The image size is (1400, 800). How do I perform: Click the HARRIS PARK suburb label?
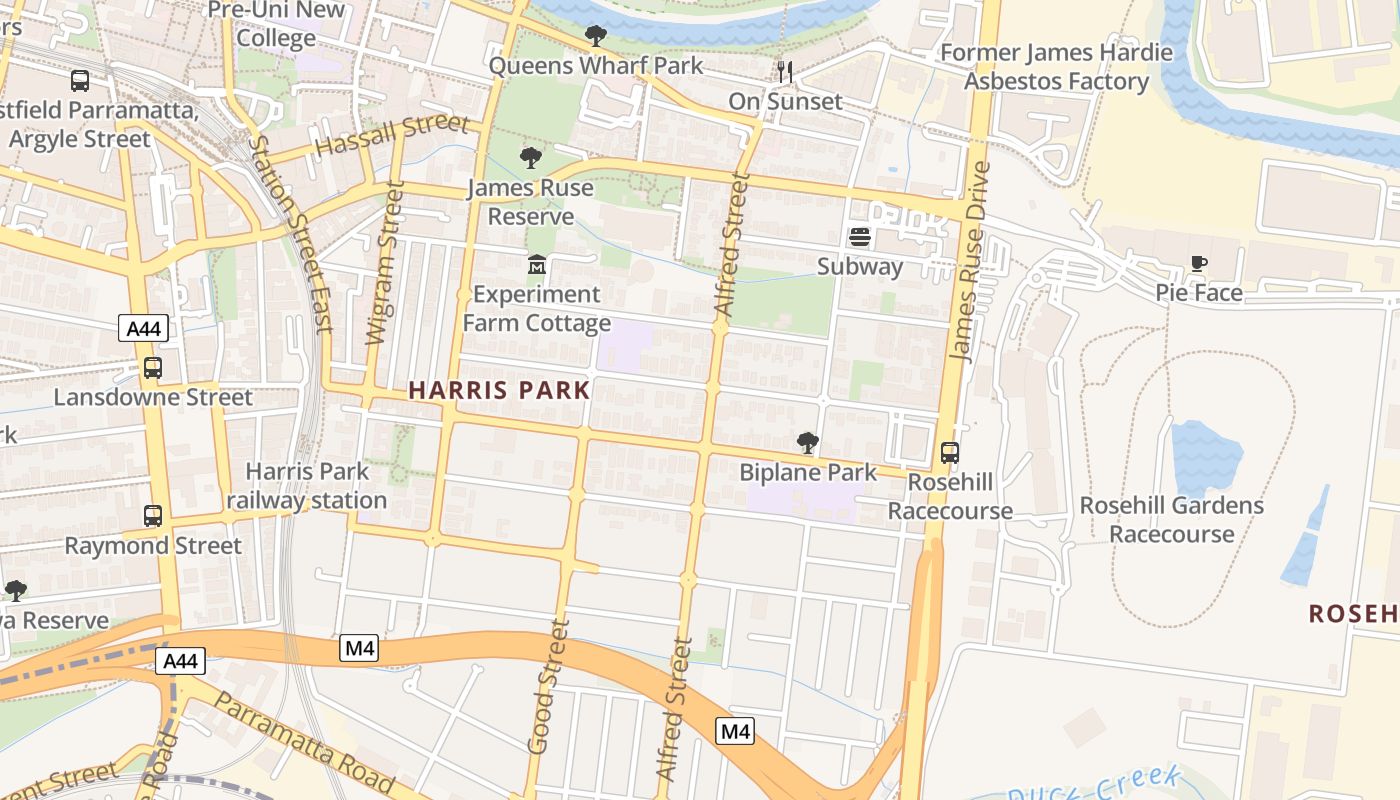(x=499, y=390)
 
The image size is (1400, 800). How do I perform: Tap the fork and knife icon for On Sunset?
(x=785, y=71)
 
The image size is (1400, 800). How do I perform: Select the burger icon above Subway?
(x=859, y=237)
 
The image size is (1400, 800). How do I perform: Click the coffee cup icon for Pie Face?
(x=1199, y=263)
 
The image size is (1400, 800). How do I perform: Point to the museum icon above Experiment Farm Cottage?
(x=537, y=265)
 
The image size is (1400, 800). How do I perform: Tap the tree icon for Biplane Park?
(x=807, y=442)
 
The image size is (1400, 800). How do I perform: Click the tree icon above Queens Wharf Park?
(x=596, y=37)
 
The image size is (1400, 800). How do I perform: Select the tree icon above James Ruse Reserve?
(x=531, y=158)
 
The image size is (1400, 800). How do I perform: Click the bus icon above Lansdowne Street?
(x=153, y=368)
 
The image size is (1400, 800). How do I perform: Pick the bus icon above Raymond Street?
(x=153, y=516)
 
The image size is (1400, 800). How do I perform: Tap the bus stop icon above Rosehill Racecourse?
(x=950, y=453)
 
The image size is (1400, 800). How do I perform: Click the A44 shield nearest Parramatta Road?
(x=181, y=661)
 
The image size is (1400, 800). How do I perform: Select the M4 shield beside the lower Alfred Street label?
(x=735, y=731)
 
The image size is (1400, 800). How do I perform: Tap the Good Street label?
(x=548, y=685)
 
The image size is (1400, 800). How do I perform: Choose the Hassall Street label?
(x=391, y=134)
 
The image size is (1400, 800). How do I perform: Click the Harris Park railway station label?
(x=307, y=486)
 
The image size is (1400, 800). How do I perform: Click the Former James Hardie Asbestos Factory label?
(x=1056, y=67)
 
